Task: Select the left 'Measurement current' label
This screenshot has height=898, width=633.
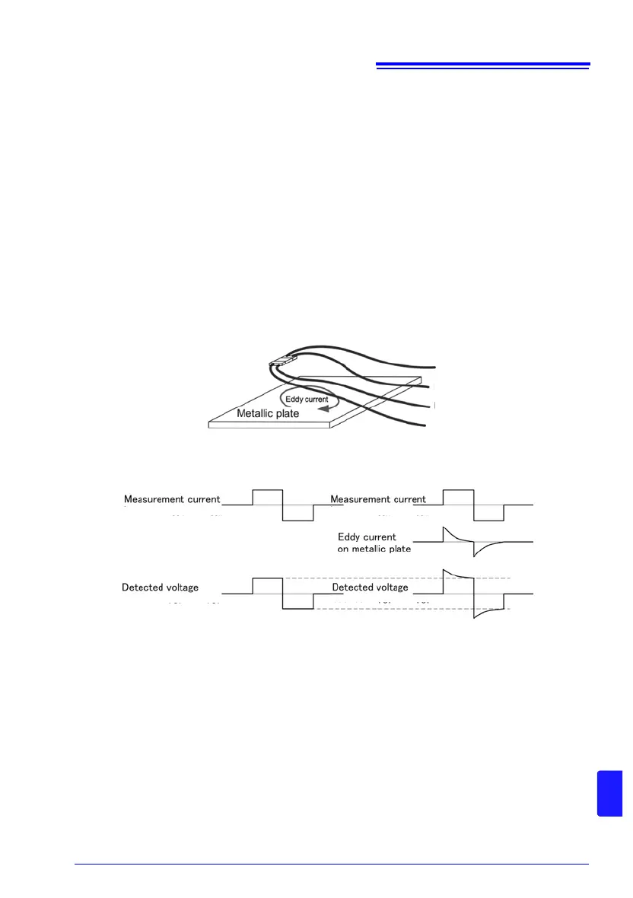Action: (x=172, y=500)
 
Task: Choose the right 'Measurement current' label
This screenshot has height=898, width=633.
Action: (x=377, y=500)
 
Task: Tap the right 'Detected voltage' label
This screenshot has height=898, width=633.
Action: (x=371, y=588)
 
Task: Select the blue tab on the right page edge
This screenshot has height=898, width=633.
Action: (x=610, y=792)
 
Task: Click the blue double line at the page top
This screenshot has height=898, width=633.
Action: (x=483, y=66)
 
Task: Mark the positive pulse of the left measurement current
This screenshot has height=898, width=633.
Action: (x=267, y=492)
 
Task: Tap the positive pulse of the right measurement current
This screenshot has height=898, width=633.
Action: (x=458, y=492)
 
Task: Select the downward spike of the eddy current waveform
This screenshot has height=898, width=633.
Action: (x=475, y=553)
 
